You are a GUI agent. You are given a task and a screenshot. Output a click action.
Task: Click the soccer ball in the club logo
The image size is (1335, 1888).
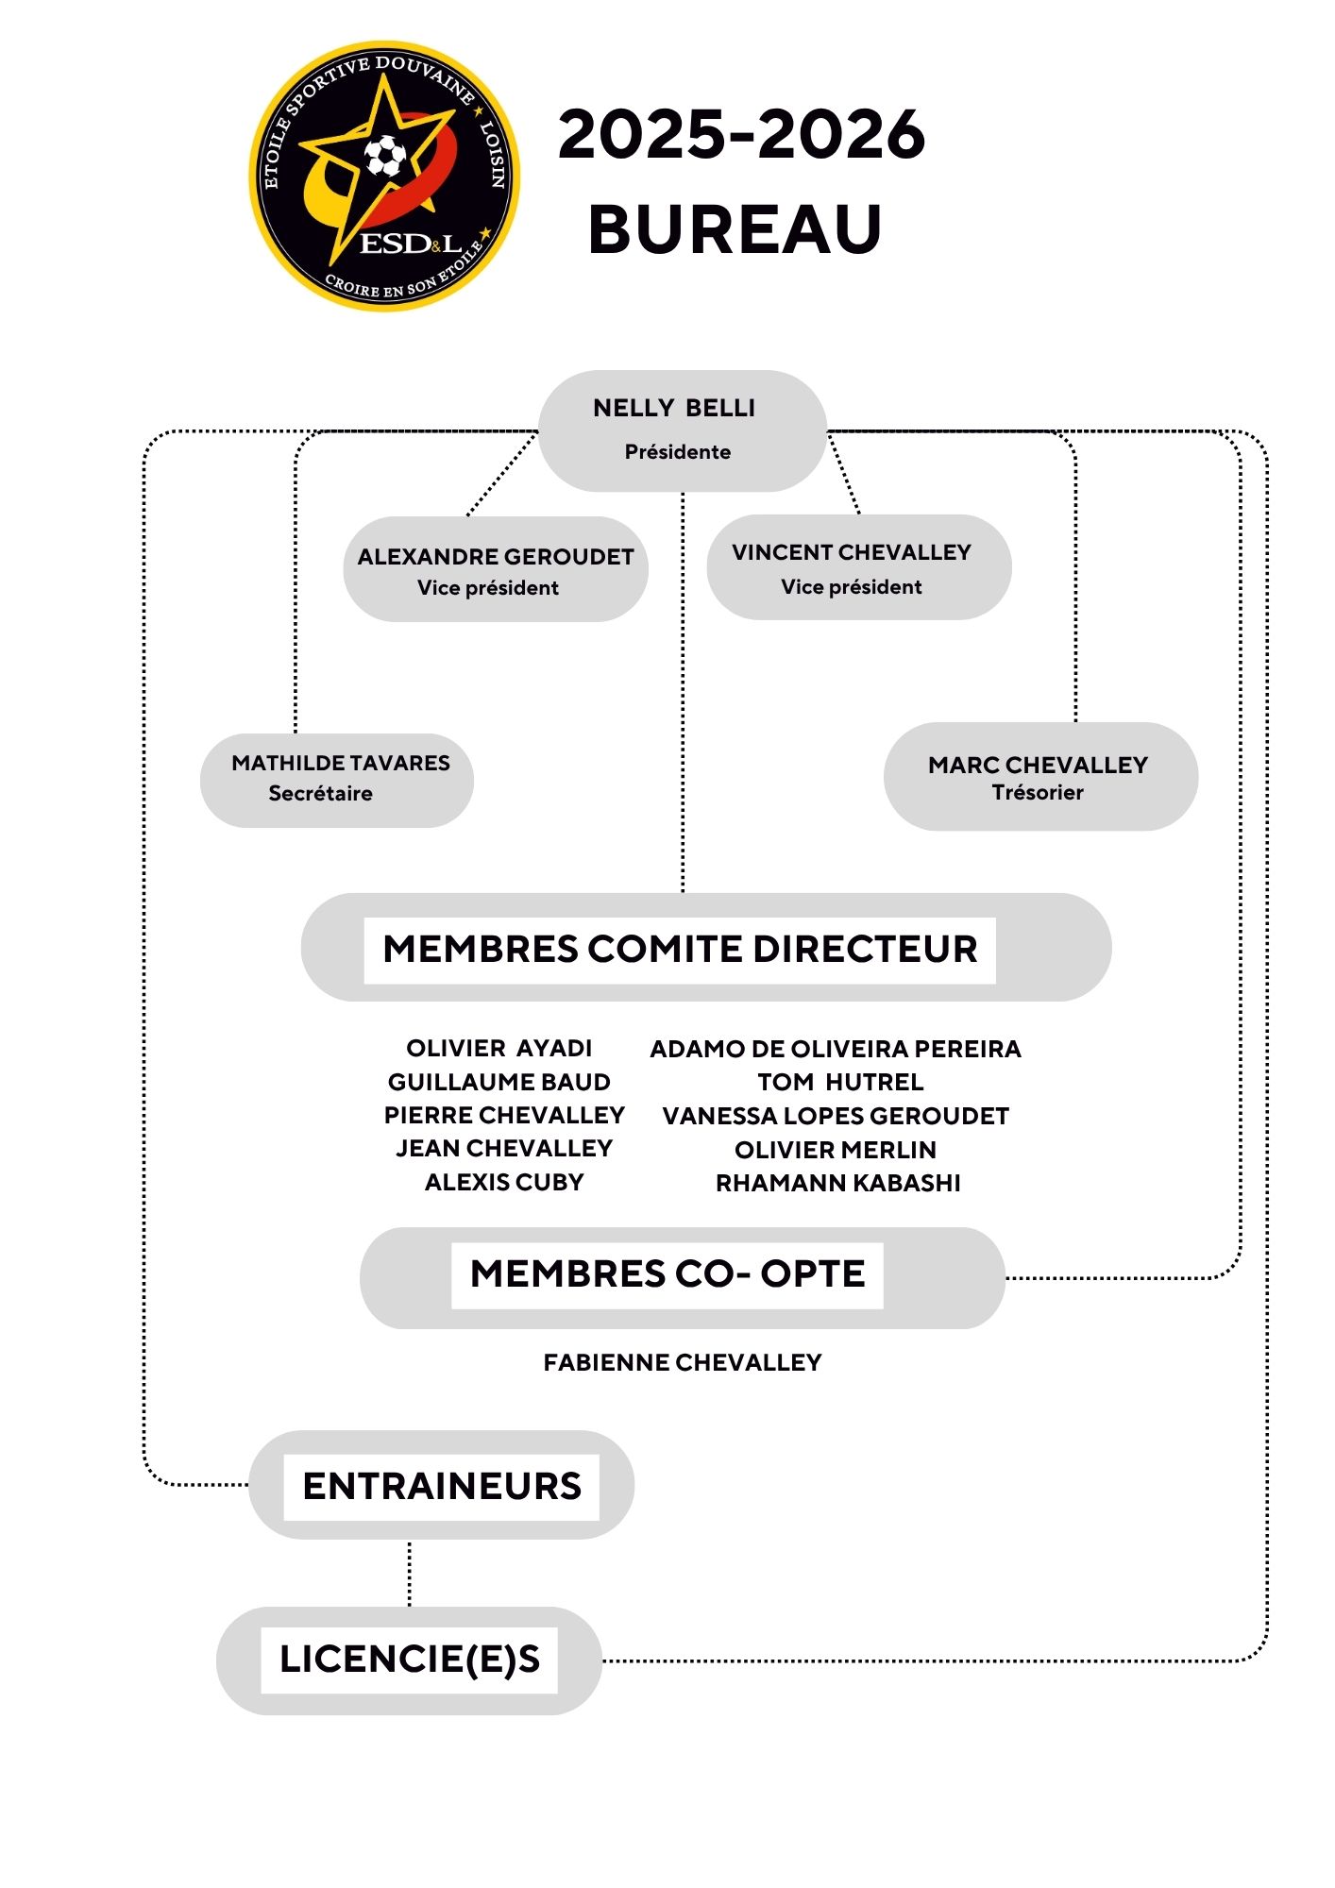(x=385, y=156)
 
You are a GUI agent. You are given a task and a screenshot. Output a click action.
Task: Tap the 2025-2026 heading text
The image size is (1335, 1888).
(x=741, y=134)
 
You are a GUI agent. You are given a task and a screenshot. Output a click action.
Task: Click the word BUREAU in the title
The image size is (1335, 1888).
(x=735, y=229)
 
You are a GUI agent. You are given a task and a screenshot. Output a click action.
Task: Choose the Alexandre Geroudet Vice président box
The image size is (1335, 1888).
(x=495, y=569)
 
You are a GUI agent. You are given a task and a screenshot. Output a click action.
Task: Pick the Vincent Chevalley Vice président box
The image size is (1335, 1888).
(x=858, y=567)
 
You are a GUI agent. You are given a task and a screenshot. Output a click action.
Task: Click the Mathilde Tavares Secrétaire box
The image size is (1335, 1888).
(x=337, y=780)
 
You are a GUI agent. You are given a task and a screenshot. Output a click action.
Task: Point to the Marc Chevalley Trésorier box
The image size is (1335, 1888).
(x=1039, y=776)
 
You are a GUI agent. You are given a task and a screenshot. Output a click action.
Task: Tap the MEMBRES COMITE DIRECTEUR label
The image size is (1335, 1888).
(x=680, y=949)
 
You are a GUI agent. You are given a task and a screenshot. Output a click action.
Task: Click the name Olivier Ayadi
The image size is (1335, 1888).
(x=499, y=1048)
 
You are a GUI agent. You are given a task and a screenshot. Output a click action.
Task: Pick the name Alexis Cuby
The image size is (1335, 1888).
(x=504, y=1182)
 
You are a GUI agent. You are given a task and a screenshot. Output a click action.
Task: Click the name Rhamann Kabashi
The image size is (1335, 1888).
(x=837, y=1183)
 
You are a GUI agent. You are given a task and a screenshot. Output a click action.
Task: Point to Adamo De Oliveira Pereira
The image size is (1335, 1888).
(x=836, y=1049)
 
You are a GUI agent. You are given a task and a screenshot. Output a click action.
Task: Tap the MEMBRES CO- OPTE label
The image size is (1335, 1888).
(x=667, y=1274)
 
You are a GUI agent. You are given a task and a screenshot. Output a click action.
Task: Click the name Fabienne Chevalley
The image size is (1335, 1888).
(x=682, y=1362)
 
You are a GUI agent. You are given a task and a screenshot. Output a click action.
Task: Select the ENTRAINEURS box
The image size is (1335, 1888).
(x=442, y=1486)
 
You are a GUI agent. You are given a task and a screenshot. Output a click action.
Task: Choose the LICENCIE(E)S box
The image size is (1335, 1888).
(x=410, y=1660)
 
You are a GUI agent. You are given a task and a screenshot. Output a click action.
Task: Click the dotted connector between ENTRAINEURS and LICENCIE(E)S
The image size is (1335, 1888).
(x=410, y=1574)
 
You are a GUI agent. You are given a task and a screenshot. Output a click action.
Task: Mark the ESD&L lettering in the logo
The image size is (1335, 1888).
(x=411, y=244)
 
